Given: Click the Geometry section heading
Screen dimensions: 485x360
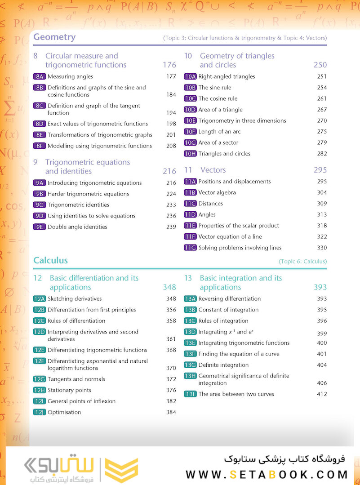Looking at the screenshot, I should (x=54, y=37).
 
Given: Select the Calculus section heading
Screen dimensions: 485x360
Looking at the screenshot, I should (x=50, y=260).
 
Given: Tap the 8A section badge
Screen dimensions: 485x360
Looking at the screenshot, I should (x=40, y=76).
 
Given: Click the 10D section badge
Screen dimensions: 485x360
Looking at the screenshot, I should (x=190, y=110).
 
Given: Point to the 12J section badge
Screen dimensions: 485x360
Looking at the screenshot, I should (x=40, y=412).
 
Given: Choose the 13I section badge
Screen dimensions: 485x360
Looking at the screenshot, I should (x=190, y=394).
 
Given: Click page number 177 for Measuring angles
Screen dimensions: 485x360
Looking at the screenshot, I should (x=171, y=76).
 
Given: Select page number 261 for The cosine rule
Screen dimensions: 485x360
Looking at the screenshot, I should (x=321, y=98).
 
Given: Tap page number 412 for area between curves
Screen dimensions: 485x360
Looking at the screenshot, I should (x=321, y=394).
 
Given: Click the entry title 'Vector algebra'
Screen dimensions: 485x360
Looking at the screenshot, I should (x=217, y=193).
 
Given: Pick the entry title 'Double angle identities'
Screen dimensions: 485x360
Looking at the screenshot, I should (x=77, y=227).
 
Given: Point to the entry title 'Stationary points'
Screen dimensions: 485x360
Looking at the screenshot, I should (x=69, y=390).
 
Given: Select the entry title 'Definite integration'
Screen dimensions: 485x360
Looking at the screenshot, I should (x=223, y=365).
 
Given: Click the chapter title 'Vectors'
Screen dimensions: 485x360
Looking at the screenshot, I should (x=213, y=170).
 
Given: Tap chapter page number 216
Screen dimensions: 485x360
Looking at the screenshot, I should (x=169, y=171).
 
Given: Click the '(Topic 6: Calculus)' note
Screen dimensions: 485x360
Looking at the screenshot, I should (x=302, y=261).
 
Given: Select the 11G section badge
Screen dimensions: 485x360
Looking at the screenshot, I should (x=190, y=248).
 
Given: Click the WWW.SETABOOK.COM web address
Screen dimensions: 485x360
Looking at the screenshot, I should (x=267, y=475).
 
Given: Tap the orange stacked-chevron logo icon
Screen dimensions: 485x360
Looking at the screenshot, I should (x=121, y=470).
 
